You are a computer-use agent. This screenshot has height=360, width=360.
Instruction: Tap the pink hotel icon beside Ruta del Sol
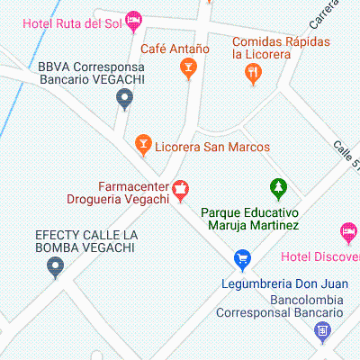[134, 18]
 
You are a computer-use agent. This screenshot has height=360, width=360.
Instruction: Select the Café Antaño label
[175, 49]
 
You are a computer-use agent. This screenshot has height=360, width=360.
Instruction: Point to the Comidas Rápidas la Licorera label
[280, 49]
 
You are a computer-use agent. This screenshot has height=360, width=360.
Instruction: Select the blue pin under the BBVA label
[125, 98]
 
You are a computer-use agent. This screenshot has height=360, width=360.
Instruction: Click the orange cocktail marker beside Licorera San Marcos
[141, 143]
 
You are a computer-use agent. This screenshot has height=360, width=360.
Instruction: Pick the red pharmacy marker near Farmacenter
[180, 189]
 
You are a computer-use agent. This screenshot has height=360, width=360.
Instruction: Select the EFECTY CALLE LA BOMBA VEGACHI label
[85, 241]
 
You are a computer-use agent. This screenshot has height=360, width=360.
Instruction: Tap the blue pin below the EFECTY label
[56, 266]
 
